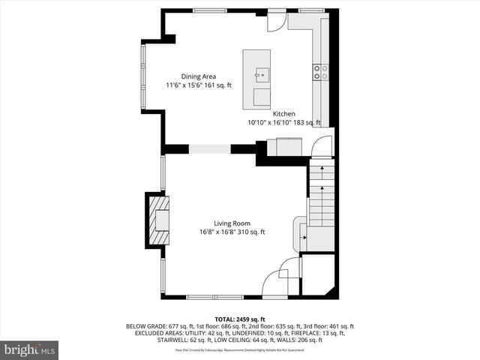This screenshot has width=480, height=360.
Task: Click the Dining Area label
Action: pos(199,76)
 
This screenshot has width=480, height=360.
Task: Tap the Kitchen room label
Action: pos(283,113)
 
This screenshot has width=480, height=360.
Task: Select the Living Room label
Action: pos(232,223)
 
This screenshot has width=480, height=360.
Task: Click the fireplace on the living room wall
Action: pos(157,220)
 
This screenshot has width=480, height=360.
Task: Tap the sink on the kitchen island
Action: pos(262,73)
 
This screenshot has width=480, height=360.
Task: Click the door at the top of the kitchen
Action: pos(277,21)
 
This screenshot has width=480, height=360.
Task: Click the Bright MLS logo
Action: pos(30,349)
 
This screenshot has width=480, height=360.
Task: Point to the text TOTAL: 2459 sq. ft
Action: pos(240,319)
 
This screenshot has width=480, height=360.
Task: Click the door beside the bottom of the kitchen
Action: pos(322,145)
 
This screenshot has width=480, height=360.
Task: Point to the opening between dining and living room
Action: pos(209,149)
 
